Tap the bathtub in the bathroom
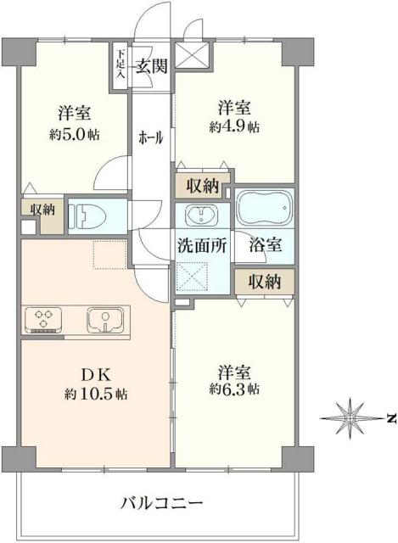264,208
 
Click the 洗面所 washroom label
202,246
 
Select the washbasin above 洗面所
202,213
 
